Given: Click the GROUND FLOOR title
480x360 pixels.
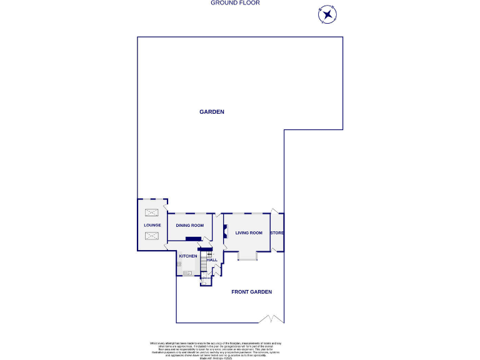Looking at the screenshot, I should point(235,3).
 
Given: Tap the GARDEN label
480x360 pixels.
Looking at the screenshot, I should point(211,112).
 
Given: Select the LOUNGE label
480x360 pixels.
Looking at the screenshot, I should point(152,225).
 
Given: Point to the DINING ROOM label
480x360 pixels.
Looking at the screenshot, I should point(190,225).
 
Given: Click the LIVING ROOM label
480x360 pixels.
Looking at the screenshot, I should point(248,233).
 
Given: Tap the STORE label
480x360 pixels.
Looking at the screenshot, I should point(277,233).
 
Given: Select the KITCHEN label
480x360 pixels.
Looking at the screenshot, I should point(188,256).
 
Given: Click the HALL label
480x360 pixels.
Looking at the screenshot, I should point(212,259).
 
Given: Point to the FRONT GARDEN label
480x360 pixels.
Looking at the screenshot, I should point(251,292).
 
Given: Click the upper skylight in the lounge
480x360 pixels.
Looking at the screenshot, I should point(152,213).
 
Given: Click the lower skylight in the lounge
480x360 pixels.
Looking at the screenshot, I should point(152,236).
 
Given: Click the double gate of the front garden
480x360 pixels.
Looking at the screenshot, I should point(271,319).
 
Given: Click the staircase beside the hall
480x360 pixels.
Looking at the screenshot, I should point(203,263).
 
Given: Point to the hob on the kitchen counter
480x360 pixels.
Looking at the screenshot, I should point(179,264).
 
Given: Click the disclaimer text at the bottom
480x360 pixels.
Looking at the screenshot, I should point(215,349).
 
